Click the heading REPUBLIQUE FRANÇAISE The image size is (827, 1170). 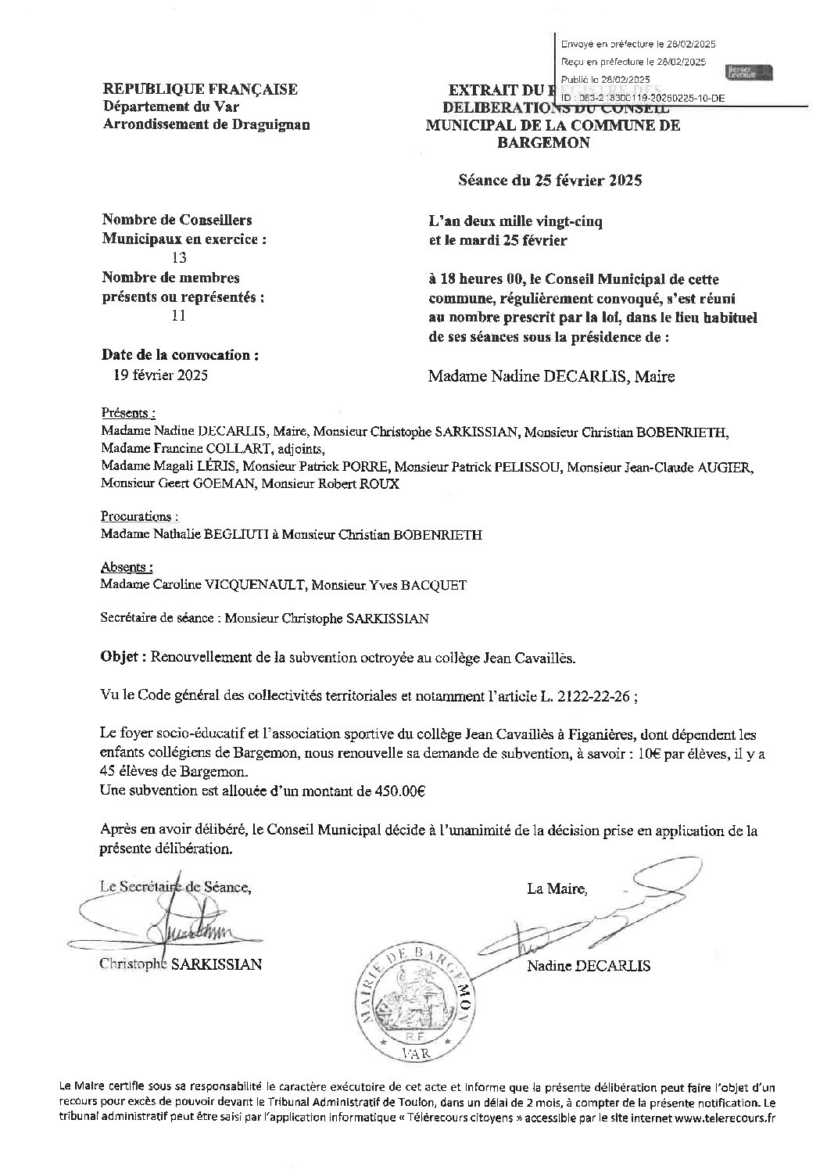point(200,89)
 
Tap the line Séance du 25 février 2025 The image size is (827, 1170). point(550,181)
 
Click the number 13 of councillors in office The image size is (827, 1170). point(178,259)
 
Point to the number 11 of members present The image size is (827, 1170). point(177,315)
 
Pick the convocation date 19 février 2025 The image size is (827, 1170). point(160,375)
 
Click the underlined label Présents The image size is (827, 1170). point(127,413)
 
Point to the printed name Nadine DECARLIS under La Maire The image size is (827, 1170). point(589,966)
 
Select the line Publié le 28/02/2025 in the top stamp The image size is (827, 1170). point(605,79)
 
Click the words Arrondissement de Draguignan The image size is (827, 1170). point(206,124)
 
